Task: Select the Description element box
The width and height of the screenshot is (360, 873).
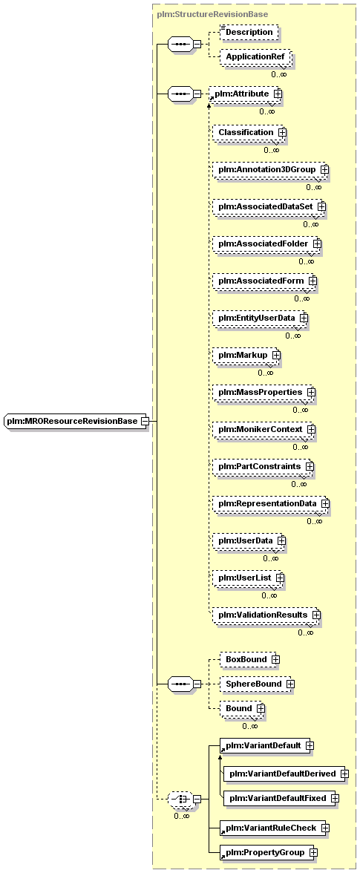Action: (249, 33)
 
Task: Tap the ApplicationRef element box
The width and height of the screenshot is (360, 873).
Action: (255, 57)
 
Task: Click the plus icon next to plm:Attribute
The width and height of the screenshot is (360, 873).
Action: (278, 95)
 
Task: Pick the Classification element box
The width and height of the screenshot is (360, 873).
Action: (249, 132)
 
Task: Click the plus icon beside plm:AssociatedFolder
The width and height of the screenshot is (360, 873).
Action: (317, 243)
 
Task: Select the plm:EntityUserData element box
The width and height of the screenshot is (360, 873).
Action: (260, 318)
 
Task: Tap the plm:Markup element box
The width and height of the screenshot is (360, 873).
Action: (246, 355)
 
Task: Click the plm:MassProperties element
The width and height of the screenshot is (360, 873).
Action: (264, 392)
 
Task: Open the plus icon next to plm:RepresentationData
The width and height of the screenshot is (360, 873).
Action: (324, 503)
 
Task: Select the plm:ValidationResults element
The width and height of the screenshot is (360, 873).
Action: (266, 615)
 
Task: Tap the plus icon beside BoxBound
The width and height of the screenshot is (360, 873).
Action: (275, 659)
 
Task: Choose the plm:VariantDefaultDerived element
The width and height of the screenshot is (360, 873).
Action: (287, 774)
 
